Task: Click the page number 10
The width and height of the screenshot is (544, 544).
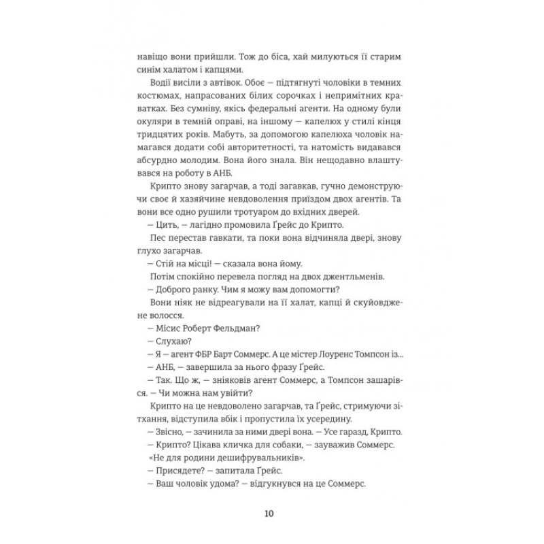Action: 272,512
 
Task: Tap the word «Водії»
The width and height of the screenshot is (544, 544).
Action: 160,84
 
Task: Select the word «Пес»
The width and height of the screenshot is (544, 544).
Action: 156,242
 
